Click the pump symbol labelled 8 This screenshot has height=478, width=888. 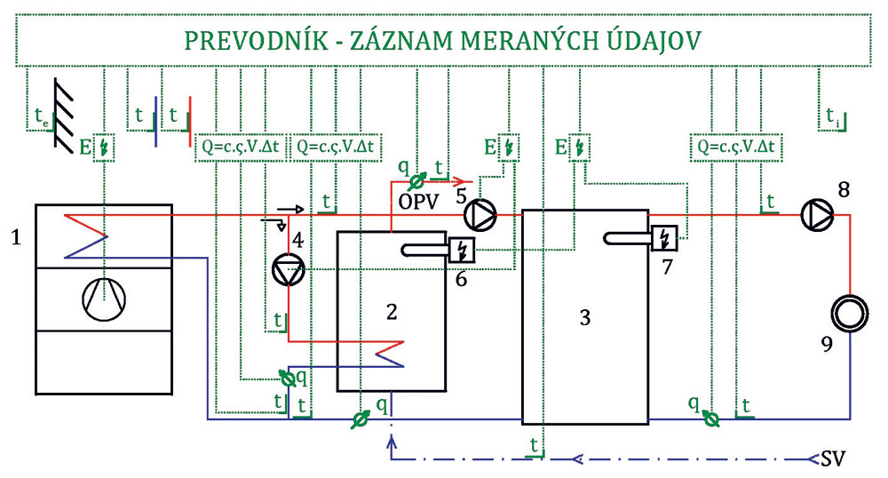tap(816, 213)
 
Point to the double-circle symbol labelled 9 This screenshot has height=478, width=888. tap(848, 314)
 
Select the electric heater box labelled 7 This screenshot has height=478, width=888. tap(665, 237)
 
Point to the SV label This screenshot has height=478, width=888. tap(833, 460)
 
